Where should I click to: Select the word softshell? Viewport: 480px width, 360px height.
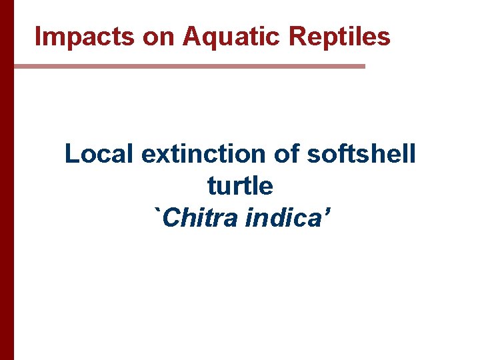[x=361, y=154]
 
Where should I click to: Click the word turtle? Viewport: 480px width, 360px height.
[x=240, y=185]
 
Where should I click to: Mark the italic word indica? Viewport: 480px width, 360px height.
[x=280, y=217]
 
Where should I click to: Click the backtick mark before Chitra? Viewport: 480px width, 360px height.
[x=158, y=211]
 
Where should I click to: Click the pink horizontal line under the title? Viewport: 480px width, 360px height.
[x=189, y=67]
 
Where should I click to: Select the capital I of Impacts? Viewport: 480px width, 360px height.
[x=38, y=37]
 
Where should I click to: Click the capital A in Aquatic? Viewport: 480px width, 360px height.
[x=191, y=37]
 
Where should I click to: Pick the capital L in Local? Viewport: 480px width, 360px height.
[x=71, y=154]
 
